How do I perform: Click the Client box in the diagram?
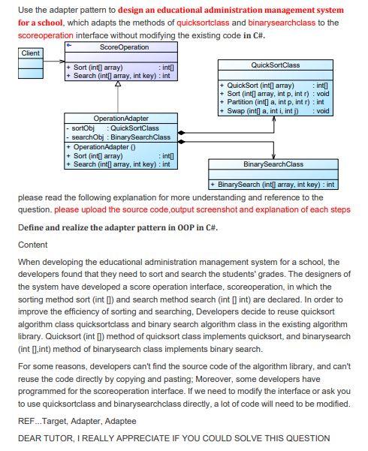pos(31,53)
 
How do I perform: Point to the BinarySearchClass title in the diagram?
pos(273,164)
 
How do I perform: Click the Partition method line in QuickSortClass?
pos(263,101)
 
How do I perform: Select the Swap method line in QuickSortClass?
pos(259,110)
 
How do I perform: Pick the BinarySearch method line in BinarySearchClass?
pos(273,184)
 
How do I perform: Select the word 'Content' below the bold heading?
pos(32,245)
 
